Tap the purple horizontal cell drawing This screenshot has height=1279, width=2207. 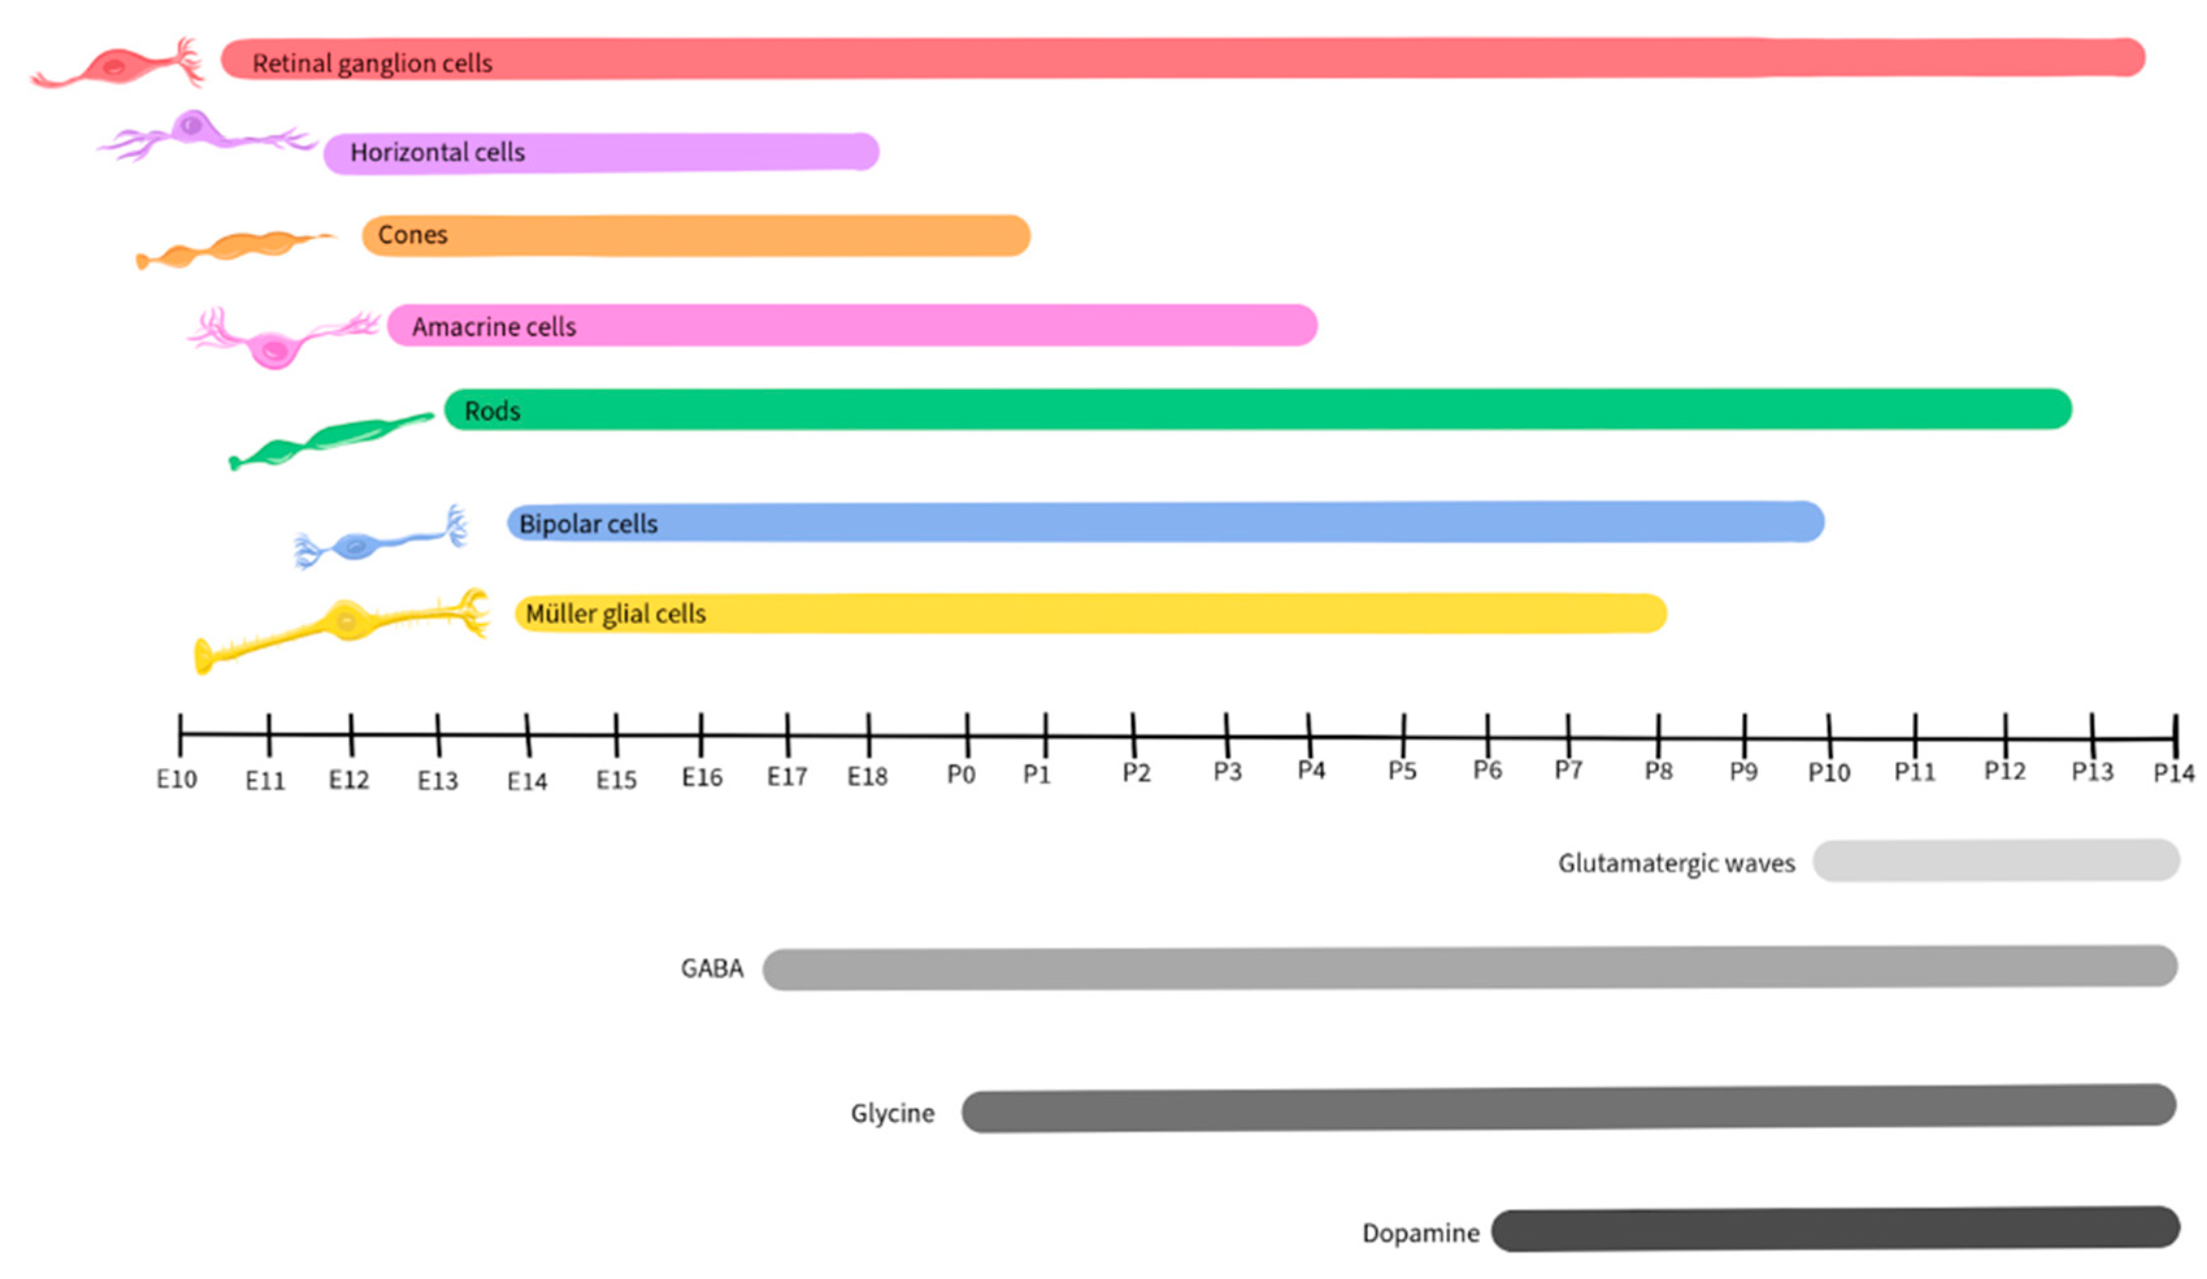(197, 133)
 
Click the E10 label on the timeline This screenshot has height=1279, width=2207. (177, 779)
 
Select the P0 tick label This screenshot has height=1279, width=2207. (961, 775)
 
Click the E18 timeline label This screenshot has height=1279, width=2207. (867, 776)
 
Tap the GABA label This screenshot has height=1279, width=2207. (712, 968)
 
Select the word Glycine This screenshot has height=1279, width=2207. (892, 1113)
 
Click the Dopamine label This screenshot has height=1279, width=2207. (1421, 1234)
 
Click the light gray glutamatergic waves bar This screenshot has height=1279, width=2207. (1997, 860)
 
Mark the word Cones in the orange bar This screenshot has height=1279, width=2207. (412, 234)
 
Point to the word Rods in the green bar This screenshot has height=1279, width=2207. (492, 410)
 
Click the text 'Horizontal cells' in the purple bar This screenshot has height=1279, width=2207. (438, 153)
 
